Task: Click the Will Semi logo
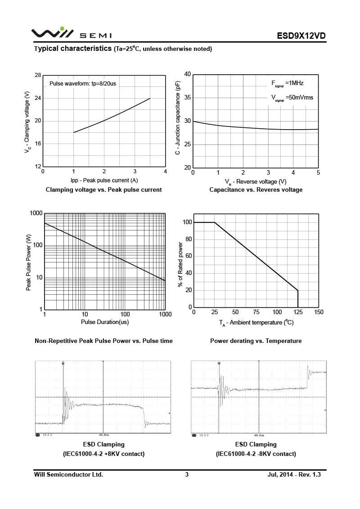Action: click(x=72, y=34)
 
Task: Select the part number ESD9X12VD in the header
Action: click(x=301, y=36)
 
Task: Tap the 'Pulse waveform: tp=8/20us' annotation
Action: click(x=82, y=84)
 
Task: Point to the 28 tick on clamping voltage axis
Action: click(x=37, y=75)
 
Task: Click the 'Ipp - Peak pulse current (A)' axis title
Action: click(x=104, y=180)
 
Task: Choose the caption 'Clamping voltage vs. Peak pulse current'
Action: click(x=104, y=190)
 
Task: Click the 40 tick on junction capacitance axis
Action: click(x=187, y=74)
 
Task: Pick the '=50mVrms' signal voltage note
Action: click(x=299, y=97)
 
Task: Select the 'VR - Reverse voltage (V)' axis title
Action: click(x=256, y=181)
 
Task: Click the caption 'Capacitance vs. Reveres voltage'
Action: click(x=256, y=190)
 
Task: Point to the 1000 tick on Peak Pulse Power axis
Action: click(x=36, y=213)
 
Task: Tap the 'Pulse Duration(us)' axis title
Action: click(x=105, y=322)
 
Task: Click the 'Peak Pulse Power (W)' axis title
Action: click(x=29, y=262)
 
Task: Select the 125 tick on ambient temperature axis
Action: click(x=298, y=312)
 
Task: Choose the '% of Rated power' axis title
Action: click(x=181, y=266)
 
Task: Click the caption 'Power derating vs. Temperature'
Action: click(x=256, y=341)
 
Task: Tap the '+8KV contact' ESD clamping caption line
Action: click(x=104, y=454)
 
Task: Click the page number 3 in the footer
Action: click(x=187, y=474)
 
